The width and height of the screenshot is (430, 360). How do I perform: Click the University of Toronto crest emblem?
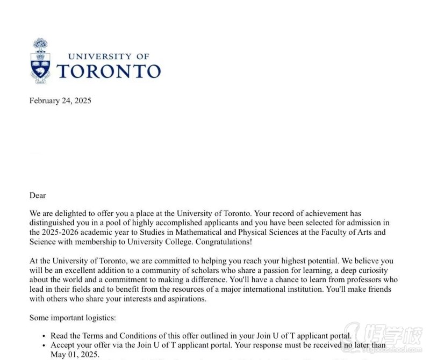click(x=40, y=61)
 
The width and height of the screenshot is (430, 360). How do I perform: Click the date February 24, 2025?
click(x=60, y=100)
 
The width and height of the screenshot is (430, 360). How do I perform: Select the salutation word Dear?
click(x=38, y=196)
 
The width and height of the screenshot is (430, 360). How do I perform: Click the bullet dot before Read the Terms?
click(x=43, y=336)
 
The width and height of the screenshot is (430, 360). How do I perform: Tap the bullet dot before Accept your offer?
click(x=43, y=345)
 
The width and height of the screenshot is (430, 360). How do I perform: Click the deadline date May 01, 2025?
click(x=75, y=355)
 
